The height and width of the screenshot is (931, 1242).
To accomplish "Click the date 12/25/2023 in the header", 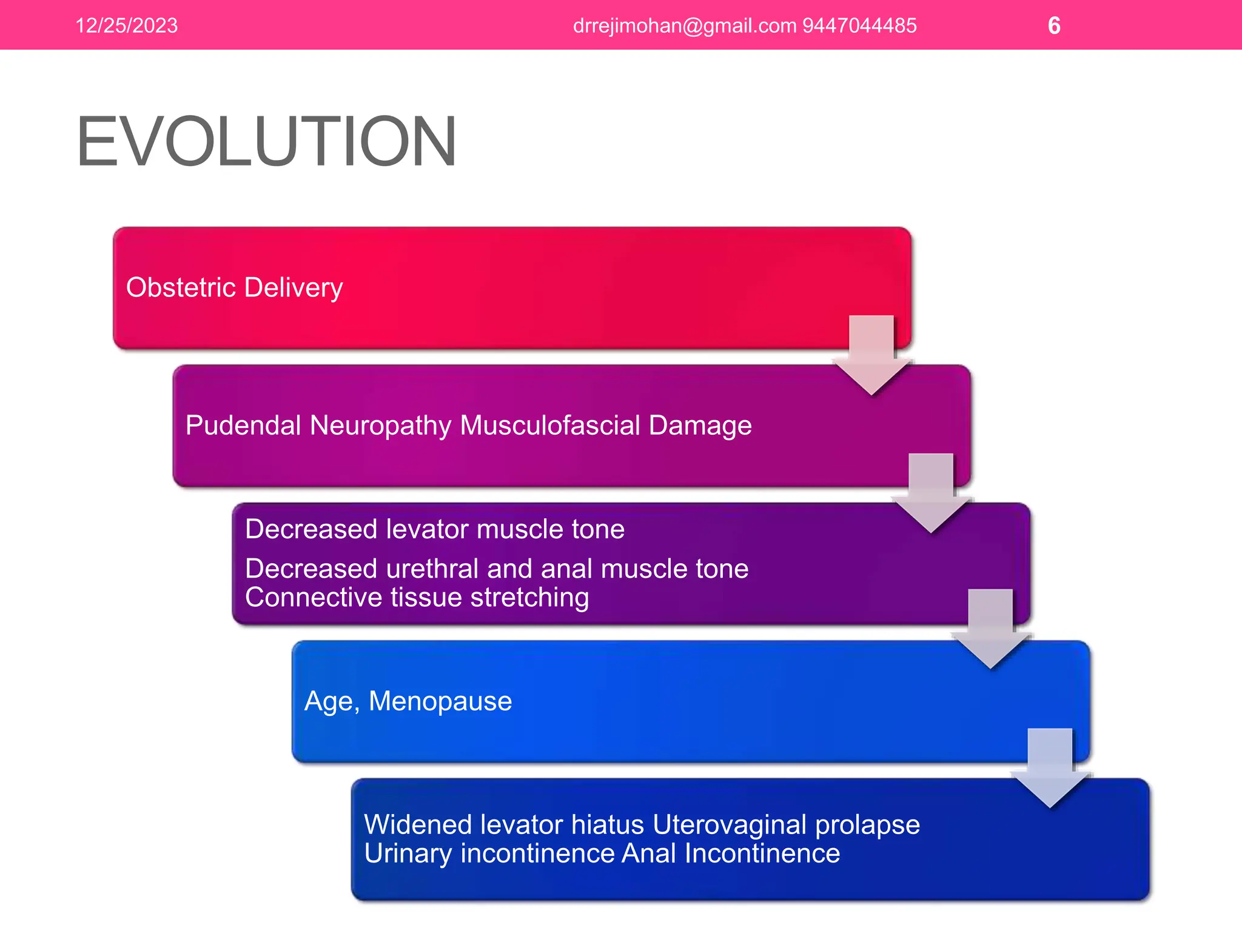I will tap(126, 25).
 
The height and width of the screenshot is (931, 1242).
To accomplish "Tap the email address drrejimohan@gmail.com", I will tap(684, 25).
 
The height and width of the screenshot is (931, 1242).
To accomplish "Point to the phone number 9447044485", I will tap(859, 25).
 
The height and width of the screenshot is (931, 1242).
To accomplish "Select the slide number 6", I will tap(1054, 25).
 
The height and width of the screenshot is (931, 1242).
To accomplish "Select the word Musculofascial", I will tap(550, 425).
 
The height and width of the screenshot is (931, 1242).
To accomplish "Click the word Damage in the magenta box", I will tap(700, 425).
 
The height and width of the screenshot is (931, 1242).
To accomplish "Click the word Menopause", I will tap(440, 701).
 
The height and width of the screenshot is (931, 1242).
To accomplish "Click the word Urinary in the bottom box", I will tap(408, 853).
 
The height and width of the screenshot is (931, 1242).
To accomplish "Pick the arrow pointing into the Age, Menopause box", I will tap(990, 630).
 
